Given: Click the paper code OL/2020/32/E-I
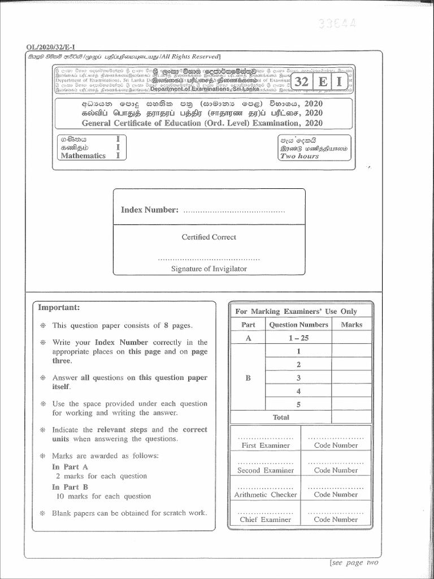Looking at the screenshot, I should click(x=51, y=47).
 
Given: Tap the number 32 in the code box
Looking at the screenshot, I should click(x=301, y=81).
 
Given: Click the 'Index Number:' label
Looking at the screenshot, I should click(x=150, y=210).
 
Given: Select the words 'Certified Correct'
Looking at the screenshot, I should click(x=209, y=237).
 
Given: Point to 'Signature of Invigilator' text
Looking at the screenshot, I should click(x=209, y=269).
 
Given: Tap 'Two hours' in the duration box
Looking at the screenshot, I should click(x=300, y=156).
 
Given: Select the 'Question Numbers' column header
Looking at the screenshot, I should click(x=298, y=325).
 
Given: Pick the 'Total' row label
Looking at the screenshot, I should click(x=280, y=417).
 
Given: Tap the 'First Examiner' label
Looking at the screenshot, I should click(x=265, y=446).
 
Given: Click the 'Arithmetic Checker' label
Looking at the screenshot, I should click(x=265, y=495).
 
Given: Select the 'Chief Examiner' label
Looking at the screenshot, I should click(x=265, y=520).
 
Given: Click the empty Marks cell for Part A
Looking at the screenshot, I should click(x=351, y=338).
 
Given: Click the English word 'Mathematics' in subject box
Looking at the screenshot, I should click(x=83, y=155).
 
